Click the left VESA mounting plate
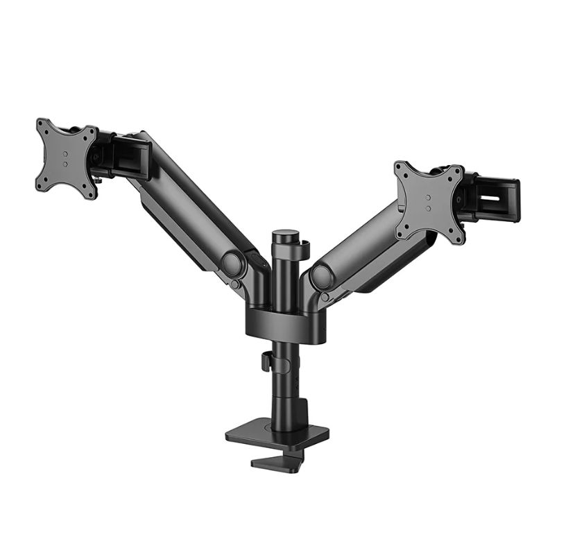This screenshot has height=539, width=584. coord(66,158)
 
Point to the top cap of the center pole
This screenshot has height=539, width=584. coord(282,237)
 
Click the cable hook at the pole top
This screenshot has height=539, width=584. coord(304,248)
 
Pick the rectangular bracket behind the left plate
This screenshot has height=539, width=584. coord(130,159)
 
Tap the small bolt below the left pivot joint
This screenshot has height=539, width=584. coord(236,284)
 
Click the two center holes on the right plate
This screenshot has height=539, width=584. coord(427,203)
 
